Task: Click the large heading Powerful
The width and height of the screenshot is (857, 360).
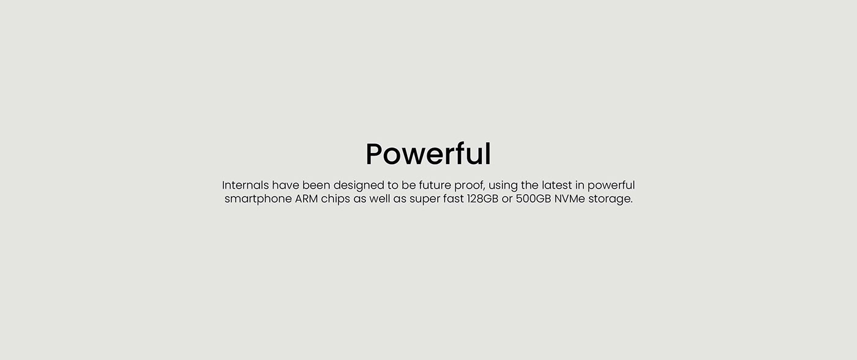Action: [428, 154]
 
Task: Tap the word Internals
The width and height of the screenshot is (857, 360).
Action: [245, 185]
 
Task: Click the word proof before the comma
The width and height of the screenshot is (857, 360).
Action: [469, 186]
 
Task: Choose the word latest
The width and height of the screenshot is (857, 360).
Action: [556, 185]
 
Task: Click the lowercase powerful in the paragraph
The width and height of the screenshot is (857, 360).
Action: [611, 186]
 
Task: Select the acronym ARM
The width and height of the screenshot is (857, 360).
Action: [306, 199]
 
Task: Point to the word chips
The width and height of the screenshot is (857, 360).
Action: [335, 200]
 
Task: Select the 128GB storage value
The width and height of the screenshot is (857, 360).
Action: [482, 199]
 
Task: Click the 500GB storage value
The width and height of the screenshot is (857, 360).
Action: [533, 199]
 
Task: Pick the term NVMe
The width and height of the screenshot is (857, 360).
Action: [569, 199]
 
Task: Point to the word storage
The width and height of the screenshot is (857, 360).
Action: [610, 200]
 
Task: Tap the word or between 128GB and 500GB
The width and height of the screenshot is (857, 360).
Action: [507, 200]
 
